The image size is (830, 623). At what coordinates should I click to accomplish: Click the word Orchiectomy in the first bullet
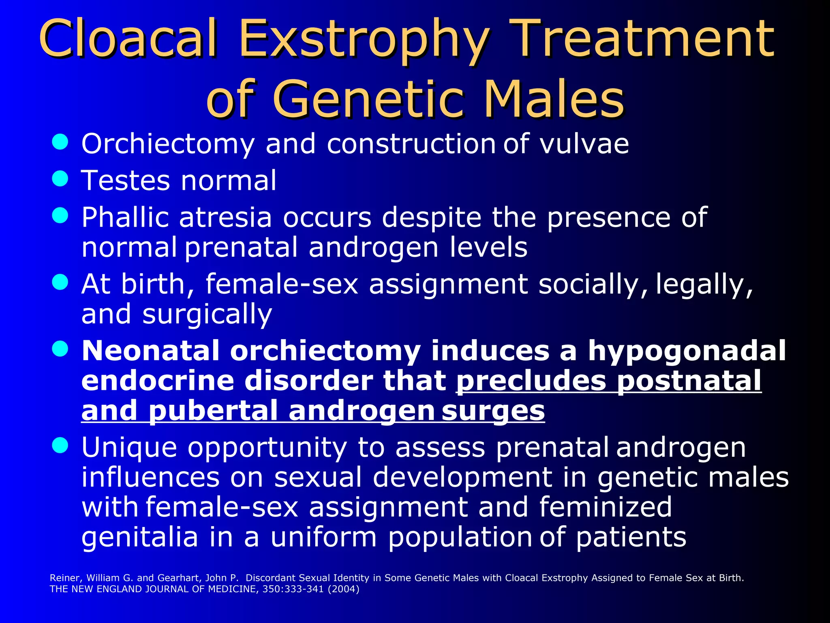tap(168, 144)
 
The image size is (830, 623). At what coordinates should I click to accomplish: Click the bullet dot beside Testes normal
tap(60, 178)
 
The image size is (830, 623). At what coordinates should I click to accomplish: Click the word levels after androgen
tap(488, 247)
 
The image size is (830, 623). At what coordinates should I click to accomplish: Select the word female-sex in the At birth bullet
tap(282, 284)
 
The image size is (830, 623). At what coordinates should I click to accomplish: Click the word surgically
tap(207, 314)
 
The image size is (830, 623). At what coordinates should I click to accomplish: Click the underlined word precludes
tap(531, 381)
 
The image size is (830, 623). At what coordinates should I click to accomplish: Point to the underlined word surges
tap(493, 411)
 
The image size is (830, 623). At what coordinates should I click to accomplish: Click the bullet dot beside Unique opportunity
tap(60, 445)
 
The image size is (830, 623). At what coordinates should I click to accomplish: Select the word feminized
tap(605, 507)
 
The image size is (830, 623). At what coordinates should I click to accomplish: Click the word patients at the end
tap(631, 537)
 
